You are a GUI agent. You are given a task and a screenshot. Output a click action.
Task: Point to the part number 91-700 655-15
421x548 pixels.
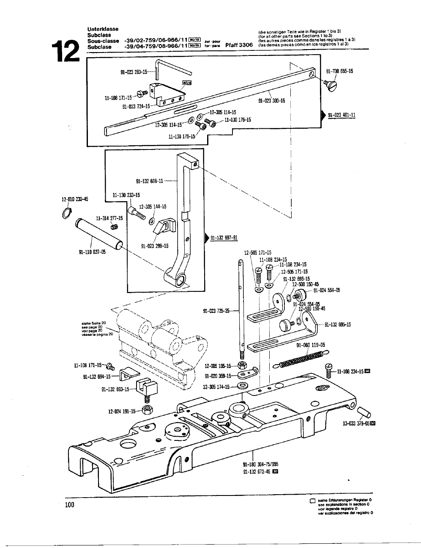339,71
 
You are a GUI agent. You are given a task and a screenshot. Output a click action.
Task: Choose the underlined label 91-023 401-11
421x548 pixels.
342,115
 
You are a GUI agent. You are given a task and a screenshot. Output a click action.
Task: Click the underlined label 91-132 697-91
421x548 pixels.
224,238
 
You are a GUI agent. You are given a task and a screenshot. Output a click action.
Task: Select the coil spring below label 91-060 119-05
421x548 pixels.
301,360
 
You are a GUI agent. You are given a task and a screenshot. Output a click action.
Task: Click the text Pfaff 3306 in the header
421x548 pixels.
239,44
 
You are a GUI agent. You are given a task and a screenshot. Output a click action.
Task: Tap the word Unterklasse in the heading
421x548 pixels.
103,29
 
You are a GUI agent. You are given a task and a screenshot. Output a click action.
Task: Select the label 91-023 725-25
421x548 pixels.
216,311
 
